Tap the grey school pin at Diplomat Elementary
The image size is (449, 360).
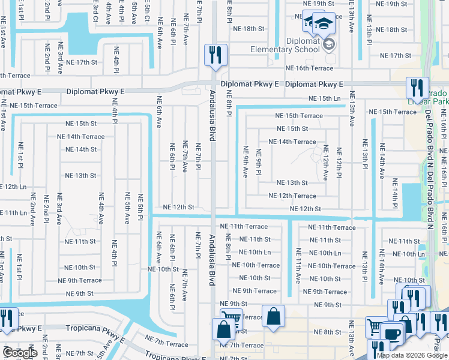(328, 43)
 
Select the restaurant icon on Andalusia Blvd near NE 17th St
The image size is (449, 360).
(214, 55)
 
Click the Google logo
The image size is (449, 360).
(20, 353)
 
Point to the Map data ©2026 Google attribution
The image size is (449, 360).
(412, 355)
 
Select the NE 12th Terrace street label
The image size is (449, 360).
(292, 196)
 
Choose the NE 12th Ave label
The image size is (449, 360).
(326, 162)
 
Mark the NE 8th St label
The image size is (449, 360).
(327, 332)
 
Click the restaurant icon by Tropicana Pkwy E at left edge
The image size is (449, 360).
(7, 319)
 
